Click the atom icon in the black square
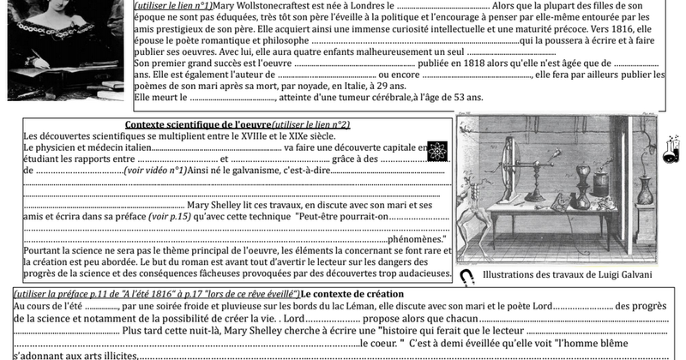tap(436, 151)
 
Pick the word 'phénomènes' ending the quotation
tap(415, 239)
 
